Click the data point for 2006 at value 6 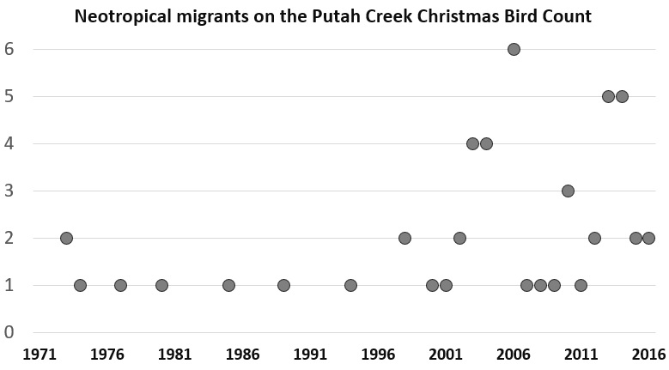(x=514, y=49)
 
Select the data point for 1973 (x=66, y=238)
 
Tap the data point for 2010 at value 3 (x=568, y=191)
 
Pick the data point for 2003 (x=472, y=143)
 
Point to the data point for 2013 (x=608, y=96)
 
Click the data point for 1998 (x=404, y=238)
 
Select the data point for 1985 (x=228, y=285)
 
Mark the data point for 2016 (x=648, y=238)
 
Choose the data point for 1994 (x=350, y=285)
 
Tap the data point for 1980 (x=161, y=285)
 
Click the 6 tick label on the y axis (x=11, y=49)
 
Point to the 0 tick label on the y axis (x=11, y=332)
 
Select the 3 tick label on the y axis (x=11, y=191)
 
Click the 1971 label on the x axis (x=38, y=353)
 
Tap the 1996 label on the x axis (x=378, y=353)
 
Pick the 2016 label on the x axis (x=649, y=353)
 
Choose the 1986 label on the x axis (x=242, y=353)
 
